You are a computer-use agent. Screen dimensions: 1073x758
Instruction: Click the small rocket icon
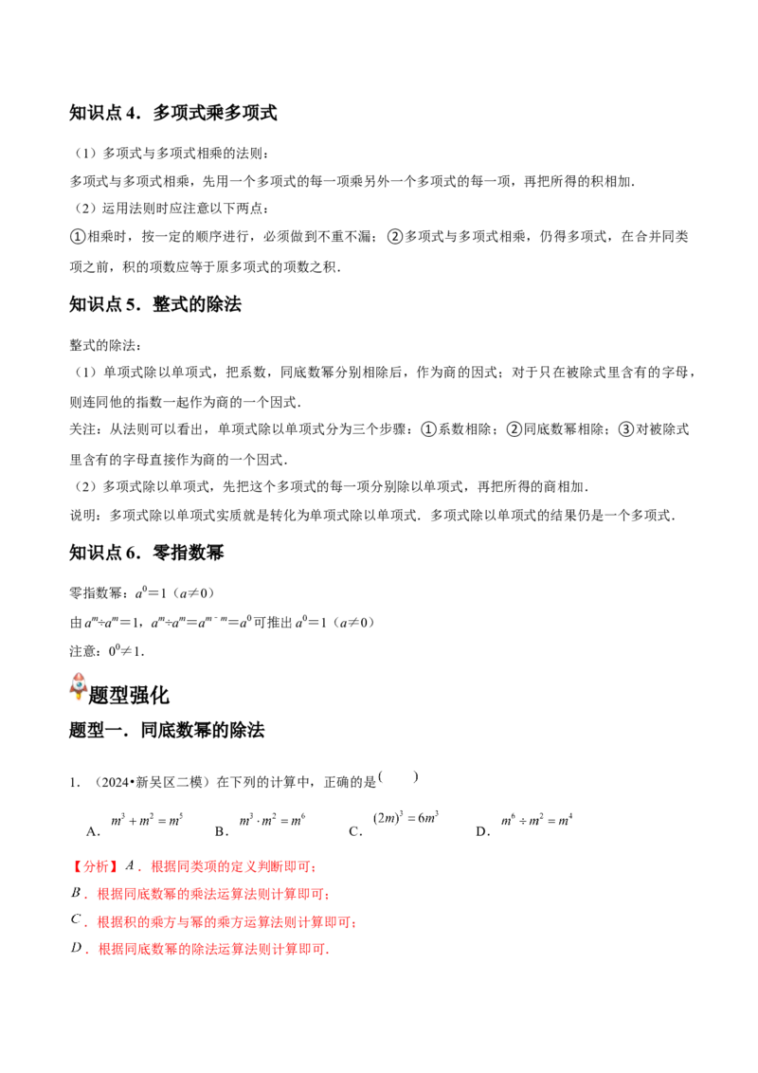(79, 685)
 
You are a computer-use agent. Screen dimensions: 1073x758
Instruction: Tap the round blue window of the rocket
(79, 682)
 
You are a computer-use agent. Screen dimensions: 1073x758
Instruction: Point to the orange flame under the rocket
(79, 700)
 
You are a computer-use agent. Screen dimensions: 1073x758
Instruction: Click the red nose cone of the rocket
(79, 671)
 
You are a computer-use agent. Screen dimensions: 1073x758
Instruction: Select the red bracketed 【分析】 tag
(95, 866)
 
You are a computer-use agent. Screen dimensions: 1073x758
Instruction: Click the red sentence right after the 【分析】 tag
(232, 866)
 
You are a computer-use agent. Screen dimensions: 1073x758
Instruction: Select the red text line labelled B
(212, 894)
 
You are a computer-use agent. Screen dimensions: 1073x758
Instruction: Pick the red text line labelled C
(226, 921)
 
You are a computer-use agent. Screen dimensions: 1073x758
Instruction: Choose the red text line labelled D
(212, 949)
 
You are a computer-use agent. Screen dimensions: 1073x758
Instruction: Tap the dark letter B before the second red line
(74, 894)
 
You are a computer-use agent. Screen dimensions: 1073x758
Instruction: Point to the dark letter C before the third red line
(75, 920)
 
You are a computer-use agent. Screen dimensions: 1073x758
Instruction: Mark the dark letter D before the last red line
(74, 949)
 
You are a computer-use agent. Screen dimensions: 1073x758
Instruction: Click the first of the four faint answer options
(147, 819)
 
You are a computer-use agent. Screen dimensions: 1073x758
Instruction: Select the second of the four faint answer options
(273, 819)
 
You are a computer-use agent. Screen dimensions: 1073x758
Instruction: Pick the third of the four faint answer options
(406, 819)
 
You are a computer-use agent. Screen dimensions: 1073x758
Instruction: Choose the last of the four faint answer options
(538, 819)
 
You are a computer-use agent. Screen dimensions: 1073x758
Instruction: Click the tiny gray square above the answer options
(412, 777)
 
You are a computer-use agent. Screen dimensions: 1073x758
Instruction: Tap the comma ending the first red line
(316, 868)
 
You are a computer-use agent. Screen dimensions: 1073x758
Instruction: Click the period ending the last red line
(329, 951)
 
